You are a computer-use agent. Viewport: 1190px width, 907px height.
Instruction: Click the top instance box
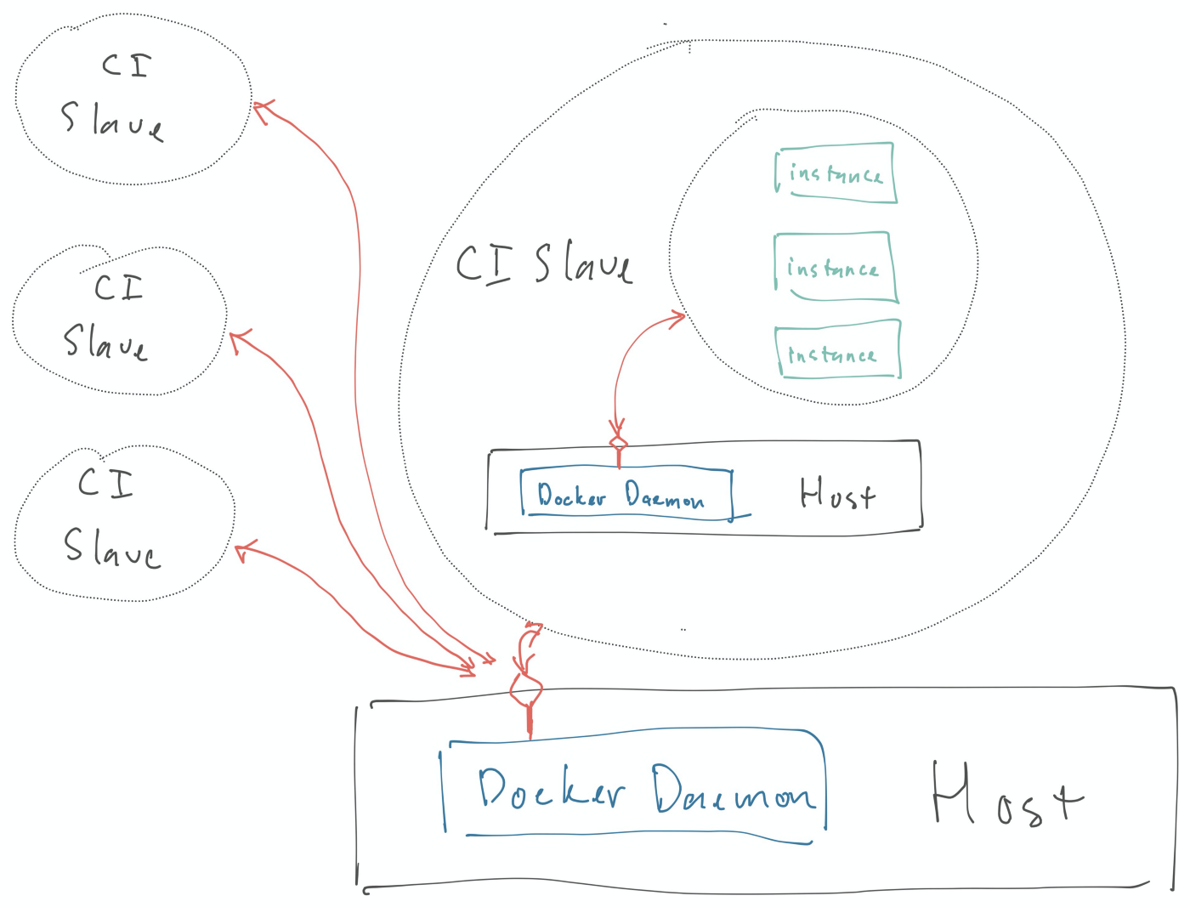(836, 173)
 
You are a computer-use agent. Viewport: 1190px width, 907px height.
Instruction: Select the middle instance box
(835, 267)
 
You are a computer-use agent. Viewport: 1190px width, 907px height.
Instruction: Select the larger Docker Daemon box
(634, 786)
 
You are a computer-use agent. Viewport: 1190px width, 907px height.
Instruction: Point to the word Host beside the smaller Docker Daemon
(837, 493)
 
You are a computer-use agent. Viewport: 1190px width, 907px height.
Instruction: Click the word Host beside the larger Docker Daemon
(1006, 795)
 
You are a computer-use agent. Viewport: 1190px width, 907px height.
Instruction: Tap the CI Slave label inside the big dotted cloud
(544, 263)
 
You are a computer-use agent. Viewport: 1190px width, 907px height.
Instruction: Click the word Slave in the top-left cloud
(112, 121)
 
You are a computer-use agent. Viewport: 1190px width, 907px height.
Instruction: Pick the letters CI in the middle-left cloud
(119, 287)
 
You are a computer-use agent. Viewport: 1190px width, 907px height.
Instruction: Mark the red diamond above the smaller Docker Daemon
(619, 443)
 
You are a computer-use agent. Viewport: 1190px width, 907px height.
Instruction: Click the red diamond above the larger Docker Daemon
(526, 690)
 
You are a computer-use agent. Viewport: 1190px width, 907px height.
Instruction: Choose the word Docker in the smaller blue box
(571, 495)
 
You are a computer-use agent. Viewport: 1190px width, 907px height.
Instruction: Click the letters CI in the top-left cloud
(127, 65)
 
